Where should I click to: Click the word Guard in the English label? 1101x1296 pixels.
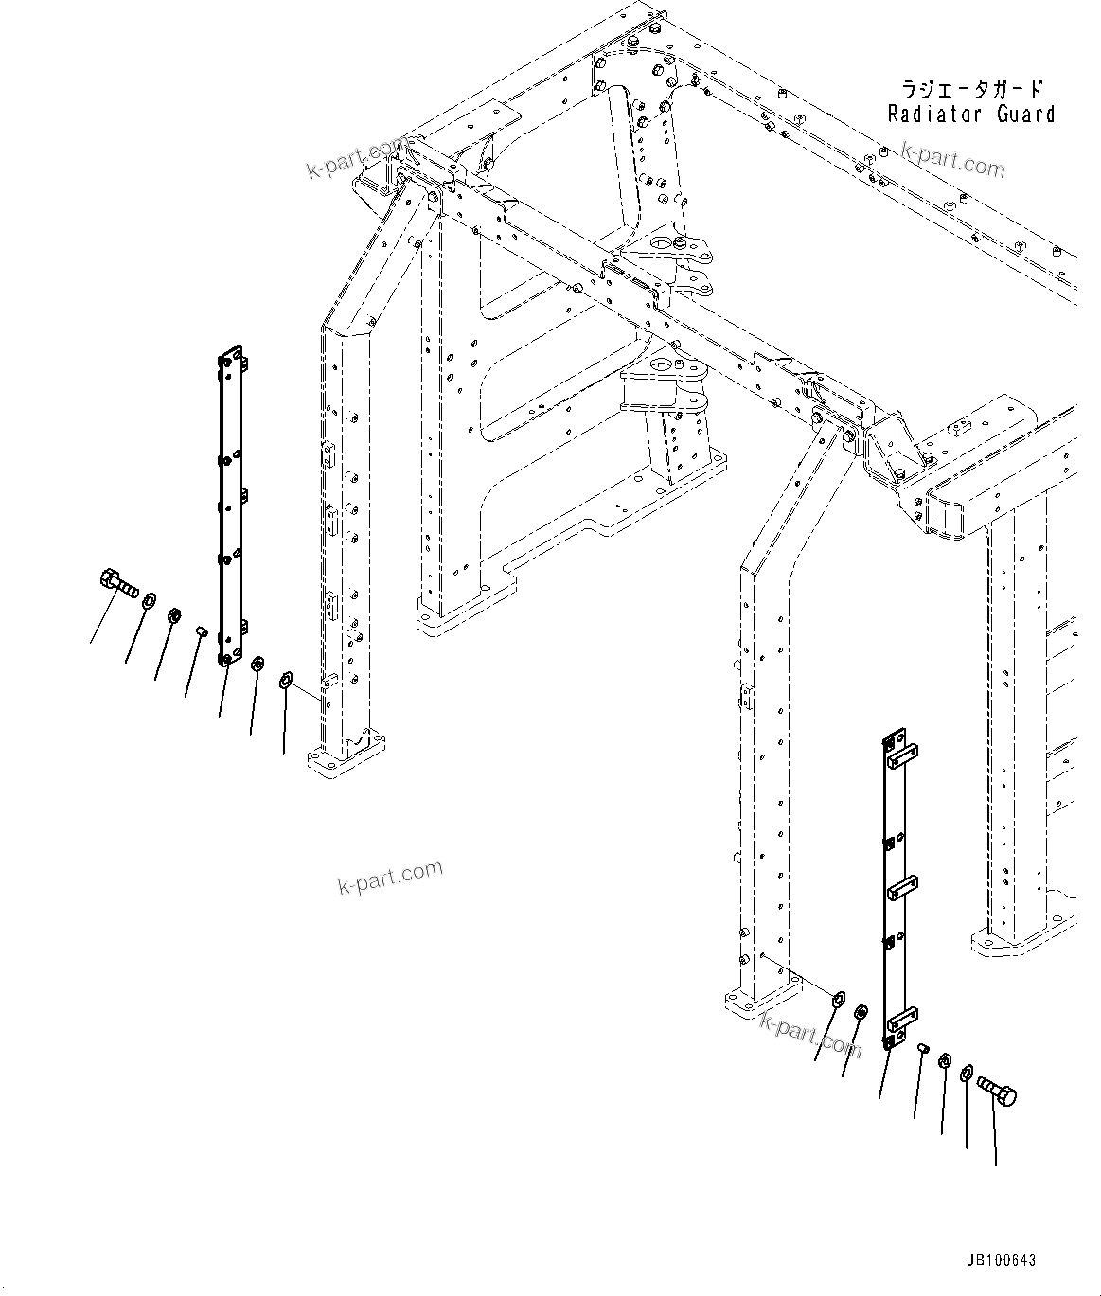(x=1024, y=115)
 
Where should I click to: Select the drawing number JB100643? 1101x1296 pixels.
(x=1001, y=1261)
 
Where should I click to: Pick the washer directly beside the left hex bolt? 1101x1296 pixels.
(x=149, y=601)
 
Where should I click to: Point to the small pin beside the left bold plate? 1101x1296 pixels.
(x=201, y=629)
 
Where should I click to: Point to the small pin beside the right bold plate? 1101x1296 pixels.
(x=923, y=1048)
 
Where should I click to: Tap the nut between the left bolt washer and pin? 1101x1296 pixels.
(x=174, y=616)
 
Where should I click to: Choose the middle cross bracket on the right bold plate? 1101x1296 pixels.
(x=901, y=889)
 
